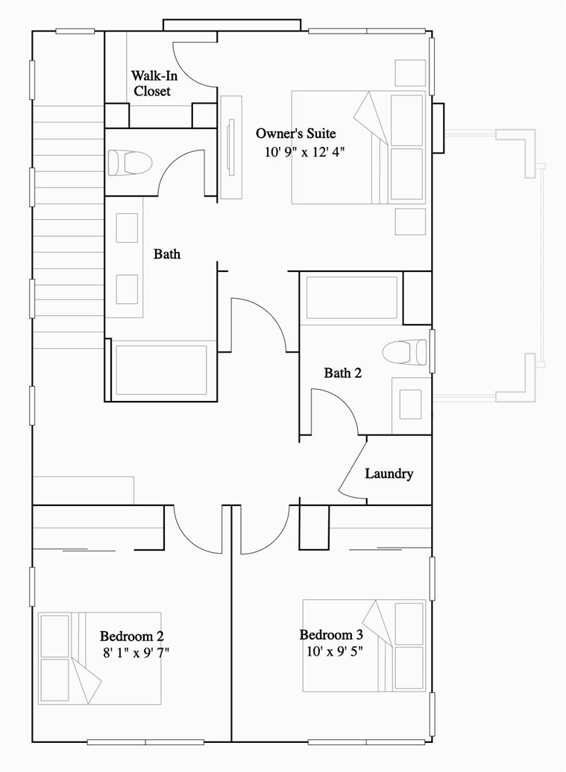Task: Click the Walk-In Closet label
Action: [x=152, y=83]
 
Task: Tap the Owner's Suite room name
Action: [x=295, y=133]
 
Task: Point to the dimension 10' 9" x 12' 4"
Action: [x=304, y=152]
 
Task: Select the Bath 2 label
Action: [x=342, y=373]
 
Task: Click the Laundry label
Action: [x=389, y=474]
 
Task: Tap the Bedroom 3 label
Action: [x=331, y=635]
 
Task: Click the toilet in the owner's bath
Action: [x=130, y=162]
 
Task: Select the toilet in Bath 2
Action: [x=405, y=351]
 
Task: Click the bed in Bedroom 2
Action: [x=100, y=658]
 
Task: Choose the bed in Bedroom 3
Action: [x=364, y=645]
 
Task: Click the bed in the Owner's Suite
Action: [x=359, y=147]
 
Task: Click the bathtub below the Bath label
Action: [x=160, y=370]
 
